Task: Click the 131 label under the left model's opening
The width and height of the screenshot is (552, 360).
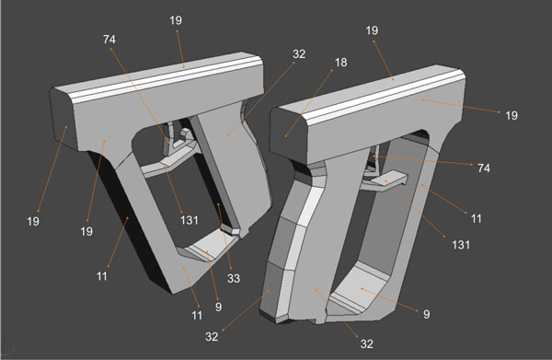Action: [x=190, y=218]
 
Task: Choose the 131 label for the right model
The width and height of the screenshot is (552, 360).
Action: [x=461, y=245]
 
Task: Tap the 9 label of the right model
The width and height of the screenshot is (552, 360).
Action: [x=427, y=314]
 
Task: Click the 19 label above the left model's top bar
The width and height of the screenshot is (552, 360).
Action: [x=177, y=18]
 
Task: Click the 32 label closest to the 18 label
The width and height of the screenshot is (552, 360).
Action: [x=298, y=54]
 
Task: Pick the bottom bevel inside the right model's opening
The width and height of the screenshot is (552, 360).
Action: [x=368, y=295]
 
